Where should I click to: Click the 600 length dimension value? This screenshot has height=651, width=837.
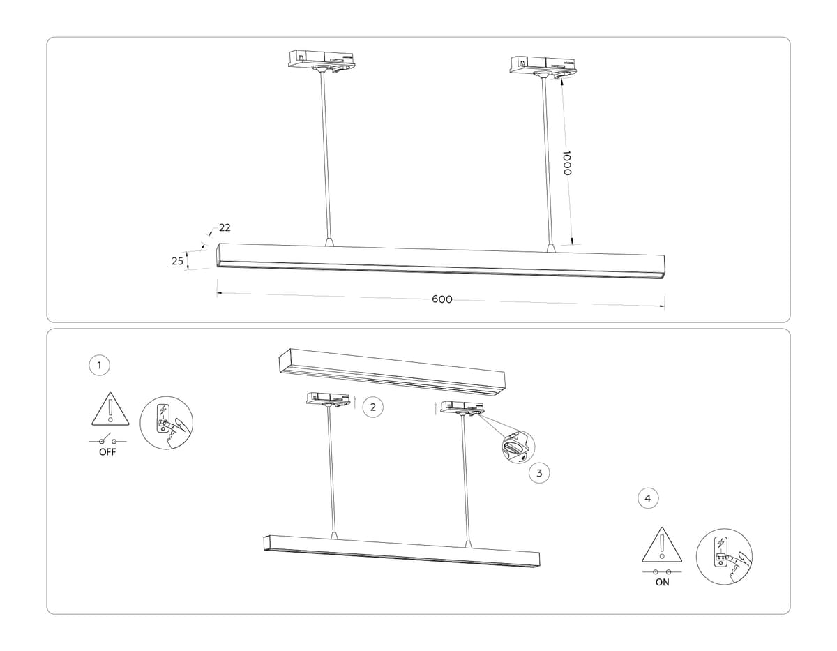coord(442,299)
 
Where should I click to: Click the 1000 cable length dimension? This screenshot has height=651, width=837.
coord(566,163)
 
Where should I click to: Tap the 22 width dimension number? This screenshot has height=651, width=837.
coord(225,227)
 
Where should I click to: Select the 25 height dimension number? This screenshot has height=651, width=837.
coord(177,261)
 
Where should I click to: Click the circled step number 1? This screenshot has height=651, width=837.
coord(100,364)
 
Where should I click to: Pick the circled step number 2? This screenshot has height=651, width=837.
coord(373,407)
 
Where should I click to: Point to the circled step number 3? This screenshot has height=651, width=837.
coord(538,473)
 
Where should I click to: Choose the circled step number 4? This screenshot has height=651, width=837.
coord(648,498)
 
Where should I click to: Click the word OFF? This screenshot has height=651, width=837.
coord(107,452)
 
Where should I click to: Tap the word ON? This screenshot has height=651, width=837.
coord(662,582)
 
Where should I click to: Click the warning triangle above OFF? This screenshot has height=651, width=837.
coord(110,410)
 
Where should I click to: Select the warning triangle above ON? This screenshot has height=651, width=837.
coord(661,545)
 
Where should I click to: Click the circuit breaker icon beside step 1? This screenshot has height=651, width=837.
coord(166,423)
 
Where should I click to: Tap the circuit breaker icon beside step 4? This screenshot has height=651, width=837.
coord(724,556)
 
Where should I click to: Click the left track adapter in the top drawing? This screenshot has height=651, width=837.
coord(322,59)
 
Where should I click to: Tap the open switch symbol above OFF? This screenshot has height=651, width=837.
coord(107,440)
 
